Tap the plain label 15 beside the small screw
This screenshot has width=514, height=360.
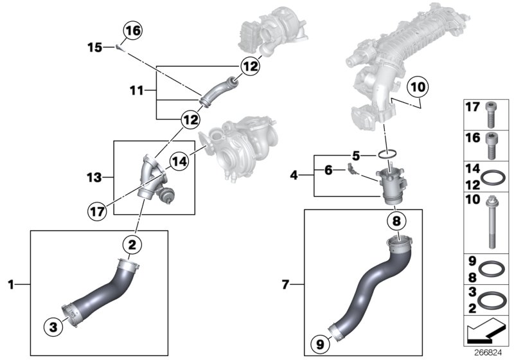(94, 47)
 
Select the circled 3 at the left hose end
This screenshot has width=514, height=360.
(54, 326)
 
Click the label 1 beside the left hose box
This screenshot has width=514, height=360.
(11, 283)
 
